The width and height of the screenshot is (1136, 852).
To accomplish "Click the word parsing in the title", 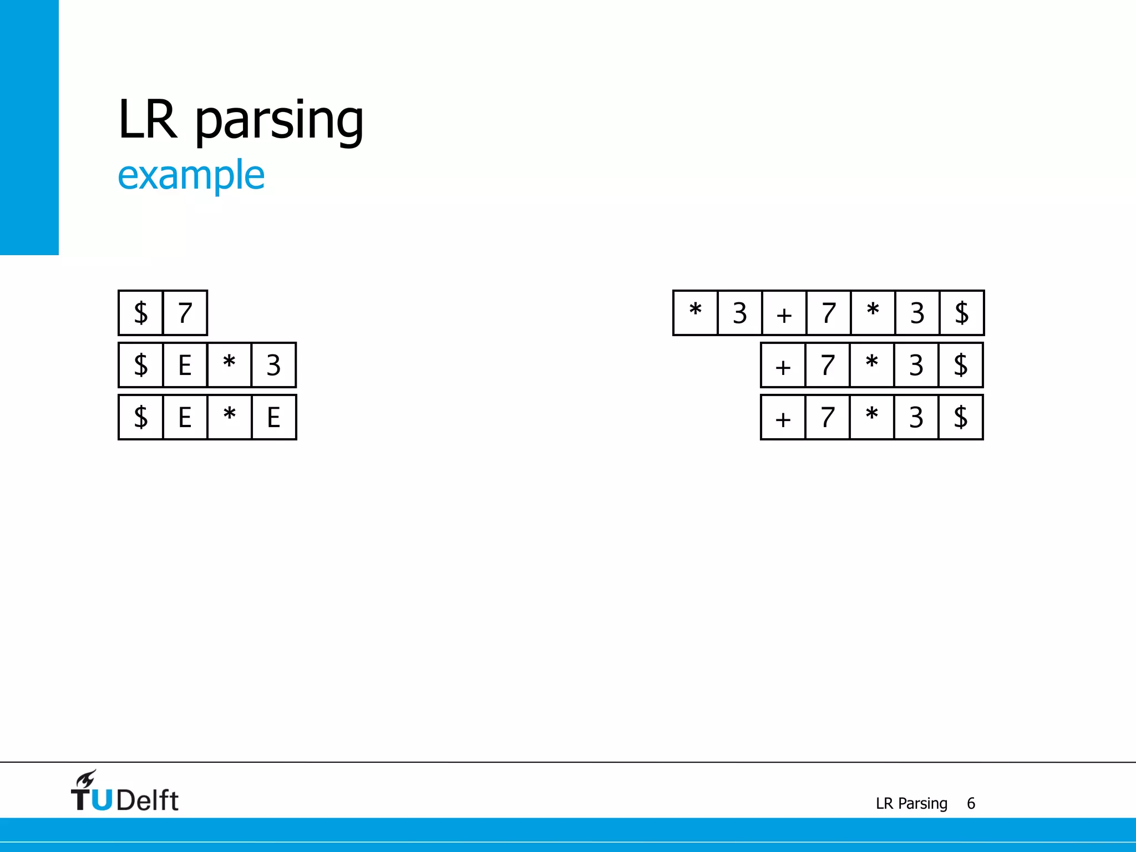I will coord(279,120).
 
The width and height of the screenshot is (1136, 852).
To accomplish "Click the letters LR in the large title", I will coord(148,119).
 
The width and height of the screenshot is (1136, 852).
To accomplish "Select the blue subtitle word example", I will coord(191,175).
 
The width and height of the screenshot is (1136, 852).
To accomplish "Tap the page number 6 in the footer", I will coord(971,803).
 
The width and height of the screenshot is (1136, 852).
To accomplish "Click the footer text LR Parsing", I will coord(911,803).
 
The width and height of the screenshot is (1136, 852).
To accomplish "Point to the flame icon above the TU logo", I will coord(86,779).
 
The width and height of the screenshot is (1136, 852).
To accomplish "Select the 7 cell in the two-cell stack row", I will coord(185,313).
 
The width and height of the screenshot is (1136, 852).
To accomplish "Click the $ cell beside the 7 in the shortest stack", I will coord(141,313).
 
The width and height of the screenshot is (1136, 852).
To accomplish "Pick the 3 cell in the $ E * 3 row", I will coord(273,365).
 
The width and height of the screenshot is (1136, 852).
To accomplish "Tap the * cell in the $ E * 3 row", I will coord(229,365).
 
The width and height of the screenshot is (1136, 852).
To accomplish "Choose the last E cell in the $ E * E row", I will coord(273,417).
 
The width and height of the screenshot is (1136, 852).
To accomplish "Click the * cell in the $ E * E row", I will coord(229,417).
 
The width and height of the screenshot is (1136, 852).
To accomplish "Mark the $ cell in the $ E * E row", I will coord(141,417).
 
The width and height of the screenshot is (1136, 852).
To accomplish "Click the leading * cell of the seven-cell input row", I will coord(696,313).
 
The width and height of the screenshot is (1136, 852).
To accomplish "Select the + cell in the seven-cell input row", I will coord(784,313).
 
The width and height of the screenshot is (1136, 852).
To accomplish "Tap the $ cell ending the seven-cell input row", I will coord(962,313).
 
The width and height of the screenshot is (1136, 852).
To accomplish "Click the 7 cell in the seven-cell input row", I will coord(829,313).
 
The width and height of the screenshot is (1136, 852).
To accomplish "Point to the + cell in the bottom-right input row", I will coord(783,417).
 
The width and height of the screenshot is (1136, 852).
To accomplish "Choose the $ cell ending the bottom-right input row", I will coord(961,417).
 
